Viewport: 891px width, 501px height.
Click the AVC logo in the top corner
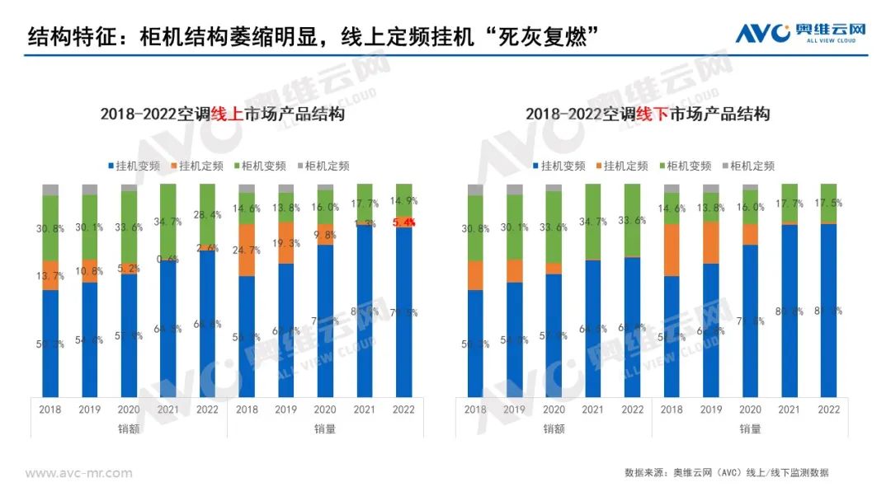coord(800,34)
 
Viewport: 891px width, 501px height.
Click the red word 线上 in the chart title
coord(227,115)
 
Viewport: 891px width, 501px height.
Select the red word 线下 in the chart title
coord(652,115)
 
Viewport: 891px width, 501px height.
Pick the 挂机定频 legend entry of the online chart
coord(200,166)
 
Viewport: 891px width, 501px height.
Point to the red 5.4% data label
coord(404,222)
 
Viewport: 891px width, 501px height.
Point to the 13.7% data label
coord(50,276)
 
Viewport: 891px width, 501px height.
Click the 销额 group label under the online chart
coord(129,428)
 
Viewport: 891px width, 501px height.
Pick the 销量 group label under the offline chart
coord(750,428)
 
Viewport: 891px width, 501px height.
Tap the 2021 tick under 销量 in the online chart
coord(365,410)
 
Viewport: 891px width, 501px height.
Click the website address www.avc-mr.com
coord(78,473)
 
